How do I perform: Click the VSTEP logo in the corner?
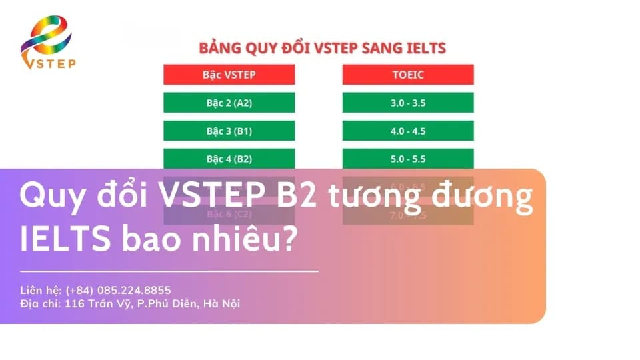tap(47, 43)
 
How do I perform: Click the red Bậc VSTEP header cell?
tap(229, 75)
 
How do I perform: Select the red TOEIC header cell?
tap(408, 75)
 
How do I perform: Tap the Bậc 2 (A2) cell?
tap(229, 103)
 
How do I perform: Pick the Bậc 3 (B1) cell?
tap(229, 131)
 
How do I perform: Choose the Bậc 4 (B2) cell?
tap(229, 159)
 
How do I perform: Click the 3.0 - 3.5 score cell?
tap(408, 103)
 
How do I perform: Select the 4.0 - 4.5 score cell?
tap(408, 131)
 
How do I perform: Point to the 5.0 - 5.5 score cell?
tap(408, 159)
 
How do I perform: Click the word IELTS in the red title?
tap(424, 48)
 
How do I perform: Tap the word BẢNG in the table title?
tap(219, 48)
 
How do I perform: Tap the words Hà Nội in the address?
tap(221, 303)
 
